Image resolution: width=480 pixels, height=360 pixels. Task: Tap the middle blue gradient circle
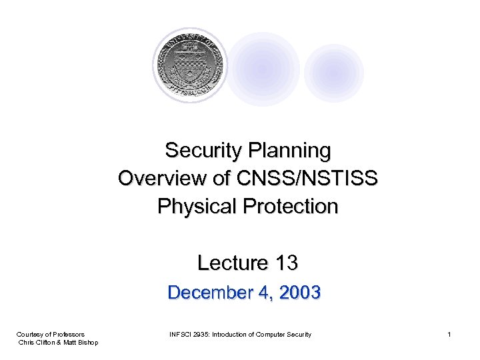click(x=262, y=69)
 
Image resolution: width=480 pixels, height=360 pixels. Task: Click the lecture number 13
click(x=286, y=263)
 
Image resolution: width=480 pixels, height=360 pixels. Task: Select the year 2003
click(x=301, y=293)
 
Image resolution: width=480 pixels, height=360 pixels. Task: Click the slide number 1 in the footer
click(x=449, y=334)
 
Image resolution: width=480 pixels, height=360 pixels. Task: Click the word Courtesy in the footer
click(x=29, y=334)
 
